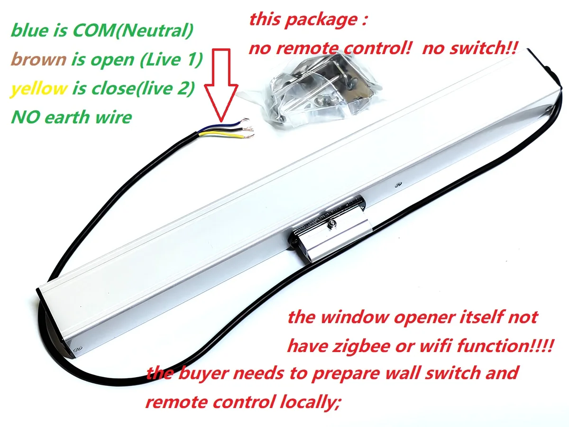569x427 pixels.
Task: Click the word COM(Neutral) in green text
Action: coord(133,31)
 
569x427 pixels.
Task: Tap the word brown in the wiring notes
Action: coord(38,60)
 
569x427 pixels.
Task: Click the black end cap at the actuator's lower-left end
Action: coord(52,327)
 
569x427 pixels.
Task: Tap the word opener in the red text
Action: coord(422,316)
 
